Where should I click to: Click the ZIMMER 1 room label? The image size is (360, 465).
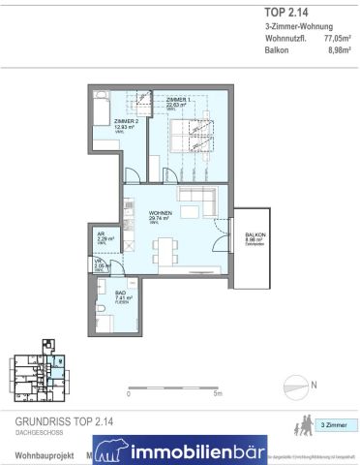[x=178, y=101]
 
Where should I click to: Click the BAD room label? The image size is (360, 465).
[x=112, y=296]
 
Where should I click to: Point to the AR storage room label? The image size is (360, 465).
[x=100, y=232]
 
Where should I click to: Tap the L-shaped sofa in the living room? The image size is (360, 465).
[x=197, y=205]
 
